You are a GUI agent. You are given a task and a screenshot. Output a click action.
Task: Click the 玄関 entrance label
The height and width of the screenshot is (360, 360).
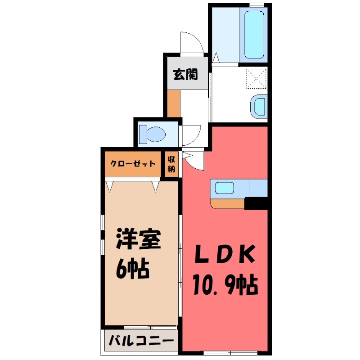click(185, 74)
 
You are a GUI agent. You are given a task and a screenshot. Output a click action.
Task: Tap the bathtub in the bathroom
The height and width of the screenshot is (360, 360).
click(254, 33)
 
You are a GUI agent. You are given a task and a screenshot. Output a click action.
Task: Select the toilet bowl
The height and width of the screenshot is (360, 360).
click(153, 134)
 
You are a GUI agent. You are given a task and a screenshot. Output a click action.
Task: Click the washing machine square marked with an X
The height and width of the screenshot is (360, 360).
click(257, 79)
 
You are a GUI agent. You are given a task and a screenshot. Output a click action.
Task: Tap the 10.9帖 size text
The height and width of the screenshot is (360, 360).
click(225, 284)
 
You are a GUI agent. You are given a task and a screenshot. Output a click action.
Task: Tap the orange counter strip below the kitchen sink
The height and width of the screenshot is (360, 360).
click(228, 204)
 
